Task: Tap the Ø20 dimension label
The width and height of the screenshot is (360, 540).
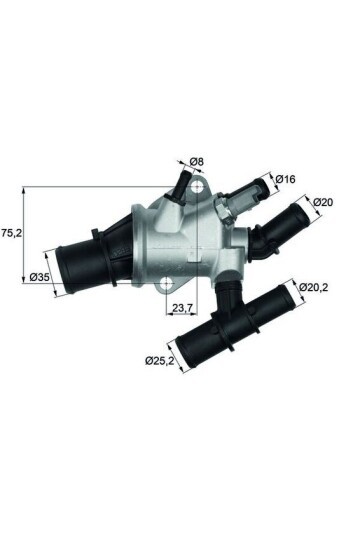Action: (x=322, y=202)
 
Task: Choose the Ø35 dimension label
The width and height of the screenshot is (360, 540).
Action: (x=40, y=277)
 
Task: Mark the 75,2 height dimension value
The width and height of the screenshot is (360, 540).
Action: (x=11, y=231)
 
